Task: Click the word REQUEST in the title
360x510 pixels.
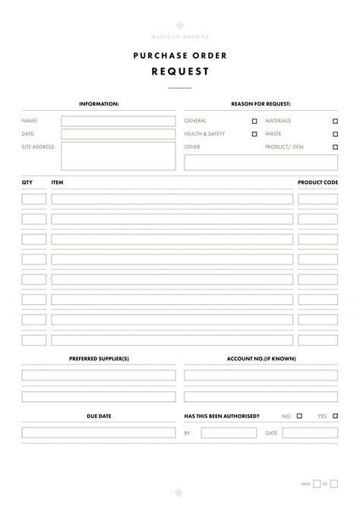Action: (x=179, y=71)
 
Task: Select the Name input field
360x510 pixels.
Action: (x=118, y=121)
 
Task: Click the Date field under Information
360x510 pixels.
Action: (x=118, y=134)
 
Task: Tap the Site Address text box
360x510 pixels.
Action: (x=118, y=156)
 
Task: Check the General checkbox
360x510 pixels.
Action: (x=254, y=121)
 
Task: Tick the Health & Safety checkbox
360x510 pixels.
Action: (x=254, y=134)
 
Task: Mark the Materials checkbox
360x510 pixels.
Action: (x=335, y=121)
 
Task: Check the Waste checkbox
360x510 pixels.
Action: (x=335, y=134)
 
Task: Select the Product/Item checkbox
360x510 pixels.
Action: (x=335, y=147)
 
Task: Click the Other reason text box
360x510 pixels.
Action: (x=261, y=163)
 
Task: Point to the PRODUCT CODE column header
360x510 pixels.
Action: (x=317, y=182)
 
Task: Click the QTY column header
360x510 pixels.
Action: (x=27, y=182)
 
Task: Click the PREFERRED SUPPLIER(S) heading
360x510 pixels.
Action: (x=99, y=358)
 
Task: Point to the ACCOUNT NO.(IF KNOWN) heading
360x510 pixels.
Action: (x=261, y=358)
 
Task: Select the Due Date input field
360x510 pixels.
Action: (x=99, y=432)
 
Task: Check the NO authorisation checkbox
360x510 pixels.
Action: (x=299, y=416)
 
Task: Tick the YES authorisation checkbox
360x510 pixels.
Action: (x=335, y=416)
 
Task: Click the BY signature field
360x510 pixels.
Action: (x=229, y=432)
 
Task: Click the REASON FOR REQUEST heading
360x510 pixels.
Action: (x=261, y=103)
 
